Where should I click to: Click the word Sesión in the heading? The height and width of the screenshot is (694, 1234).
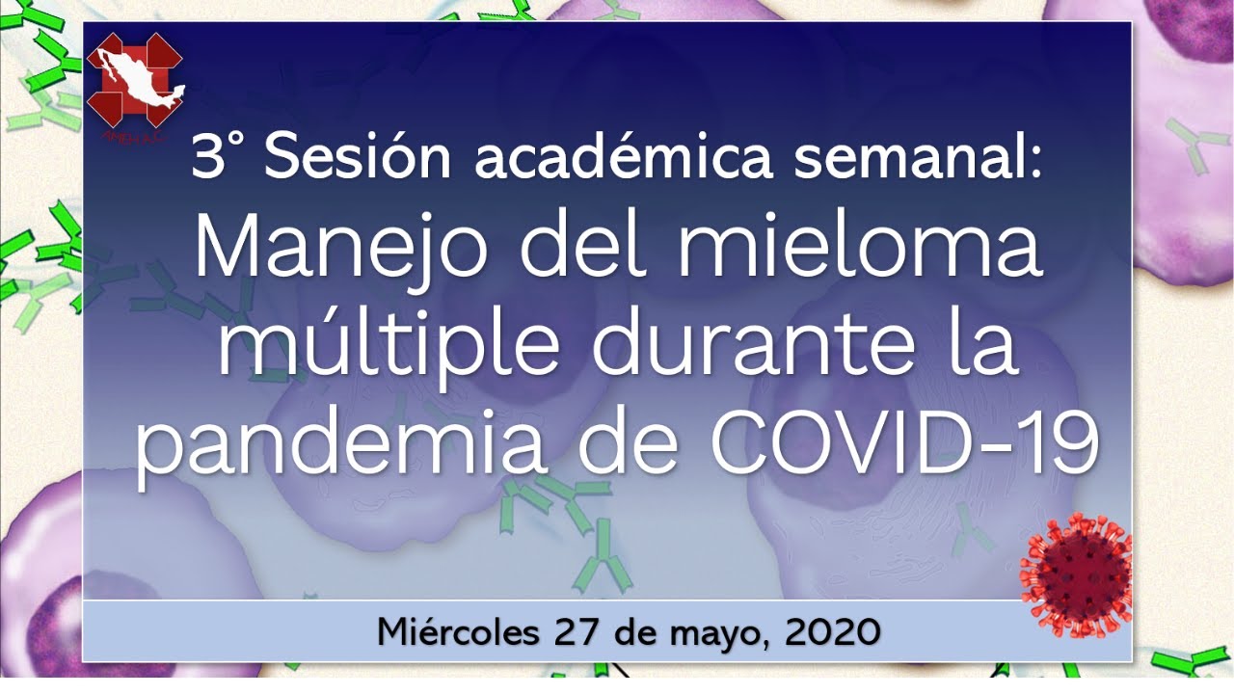click(357, 157)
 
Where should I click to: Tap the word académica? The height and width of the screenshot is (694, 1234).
click(623, 155)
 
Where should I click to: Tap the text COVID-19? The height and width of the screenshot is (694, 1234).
click(903, 441)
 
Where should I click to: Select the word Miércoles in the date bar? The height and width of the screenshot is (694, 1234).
click(458, 631)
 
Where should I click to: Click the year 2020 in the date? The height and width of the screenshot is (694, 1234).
click(832, 632)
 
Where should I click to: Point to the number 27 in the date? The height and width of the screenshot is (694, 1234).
click(576, 632)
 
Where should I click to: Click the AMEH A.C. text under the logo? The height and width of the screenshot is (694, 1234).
click(133, 137)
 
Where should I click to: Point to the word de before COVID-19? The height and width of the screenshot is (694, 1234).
click(628, 440)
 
